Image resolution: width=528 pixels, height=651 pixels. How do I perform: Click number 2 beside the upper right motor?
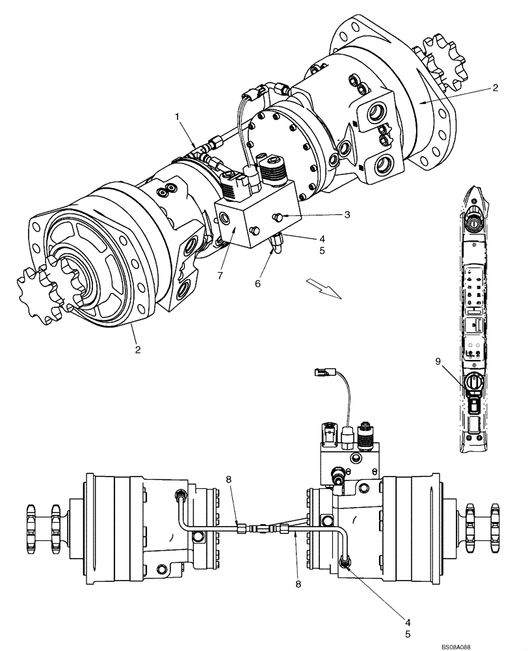coord(495,88)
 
